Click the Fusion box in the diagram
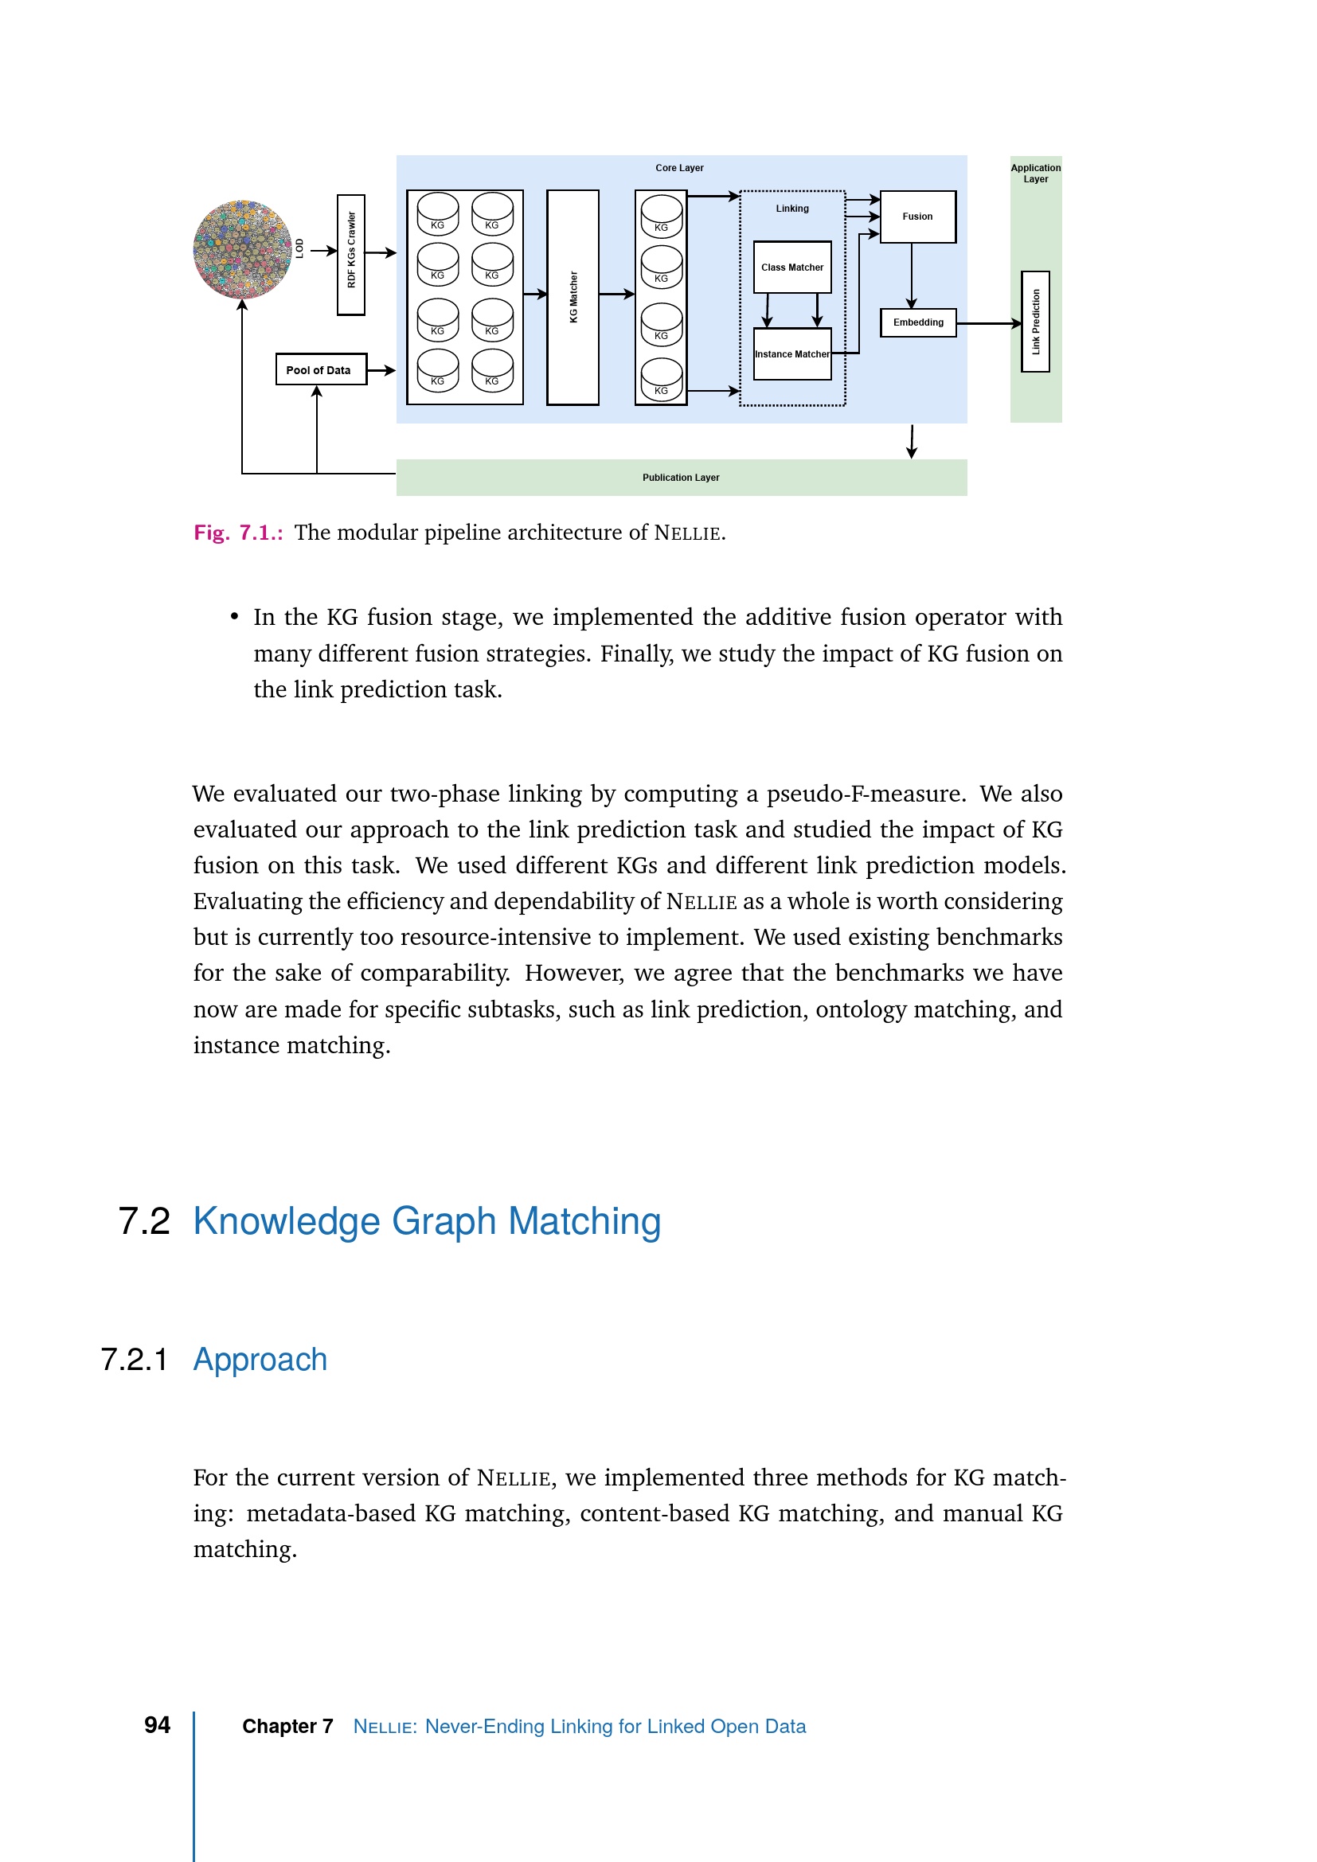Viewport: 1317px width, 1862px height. pyautogui.click(x=917, y=217)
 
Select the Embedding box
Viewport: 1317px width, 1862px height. pyautogui.click(x=918, y=322)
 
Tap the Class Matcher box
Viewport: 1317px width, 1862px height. pyautogui.click(x=791, y=267)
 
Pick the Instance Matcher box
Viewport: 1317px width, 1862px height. pyautogui.click(x=791, y=354)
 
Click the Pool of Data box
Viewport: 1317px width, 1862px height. pyautogui.click(x=320, y=370)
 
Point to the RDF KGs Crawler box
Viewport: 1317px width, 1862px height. pyautogui.click(x=351, y=254)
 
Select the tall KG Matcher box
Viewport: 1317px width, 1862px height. pyautogui.click(x=573, y=297)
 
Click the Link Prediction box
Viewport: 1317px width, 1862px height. pyautogui.click(x=1035, y=322)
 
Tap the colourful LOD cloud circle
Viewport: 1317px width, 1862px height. pyautogui.click(x=243, y=250)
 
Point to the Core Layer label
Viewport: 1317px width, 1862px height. pyautogui.click(x=678, y=168)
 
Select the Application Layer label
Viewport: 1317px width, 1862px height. pyautogui.click(x=1035, y=174)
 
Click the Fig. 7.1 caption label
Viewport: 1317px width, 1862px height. pyautogui.click(x=237, y=533)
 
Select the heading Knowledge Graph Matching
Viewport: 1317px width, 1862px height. pyautogui.click(x=427, y=1220)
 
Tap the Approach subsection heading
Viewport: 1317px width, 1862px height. pyautogui.click(x=260, y=1359)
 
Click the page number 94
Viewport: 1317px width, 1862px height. pyautogui.click(x=158, y=1724)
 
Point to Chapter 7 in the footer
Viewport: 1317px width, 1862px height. pyautogui.click(x=287, y=1726)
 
